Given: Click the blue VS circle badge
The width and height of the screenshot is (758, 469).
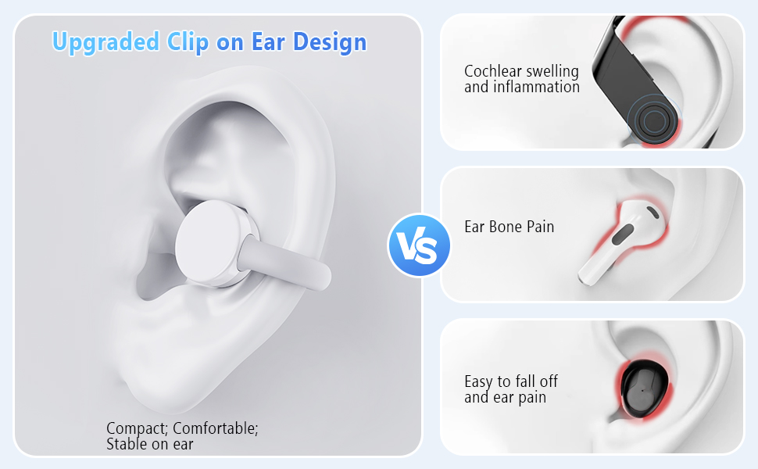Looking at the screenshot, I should (419, 245).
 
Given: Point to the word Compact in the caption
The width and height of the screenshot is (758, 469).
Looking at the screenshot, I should (136, 428).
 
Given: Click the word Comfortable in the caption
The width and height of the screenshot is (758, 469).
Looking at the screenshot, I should (215, 428).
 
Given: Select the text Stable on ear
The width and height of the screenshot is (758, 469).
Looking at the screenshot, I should (149, 444).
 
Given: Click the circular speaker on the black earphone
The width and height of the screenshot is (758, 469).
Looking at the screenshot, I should (651, 122).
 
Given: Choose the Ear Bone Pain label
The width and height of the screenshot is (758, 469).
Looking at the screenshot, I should (509, 227).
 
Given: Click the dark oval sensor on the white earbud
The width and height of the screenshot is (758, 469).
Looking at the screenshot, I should (623, 234).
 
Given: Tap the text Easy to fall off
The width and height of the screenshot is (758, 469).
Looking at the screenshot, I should (511, 381).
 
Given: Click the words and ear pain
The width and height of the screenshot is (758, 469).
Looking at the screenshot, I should (505, 397).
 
